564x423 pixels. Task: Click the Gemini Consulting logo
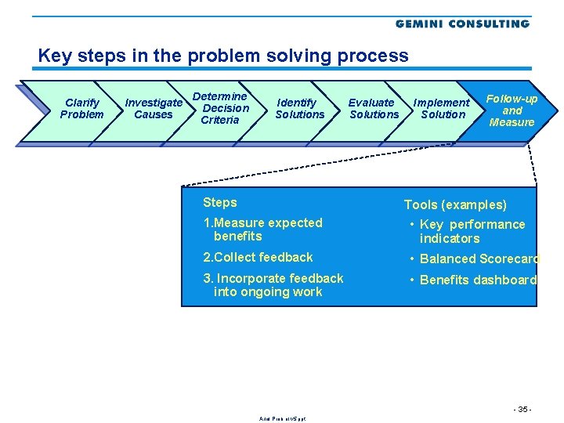point(462,23)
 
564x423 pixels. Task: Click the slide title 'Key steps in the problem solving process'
point(223,56)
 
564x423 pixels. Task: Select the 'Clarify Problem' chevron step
point(81,109)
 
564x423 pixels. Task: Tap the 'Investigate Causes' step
point(154,109)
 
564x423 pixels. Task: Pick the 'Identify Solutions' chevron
point(299,109)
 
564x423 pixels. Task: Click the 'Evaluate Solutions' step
point(373,109)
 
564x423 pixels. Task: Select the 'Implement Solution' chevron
point(442,109)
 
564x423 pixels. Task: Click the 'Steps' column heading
point(219,202)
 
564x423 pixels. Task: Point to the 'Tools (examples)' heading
point(455,205)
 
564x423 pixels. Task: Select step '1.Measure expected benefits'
point(262,230)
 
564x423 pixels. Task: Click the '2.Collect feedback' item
point(258,258)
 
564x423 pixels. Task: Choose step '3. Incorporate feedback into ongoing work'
point(273,285)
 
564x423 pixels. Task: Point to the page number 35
point(522,410)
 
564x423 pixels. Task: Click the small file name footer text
point(282,419)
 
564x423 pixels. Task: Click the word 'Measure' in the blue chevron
point(512,122)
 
